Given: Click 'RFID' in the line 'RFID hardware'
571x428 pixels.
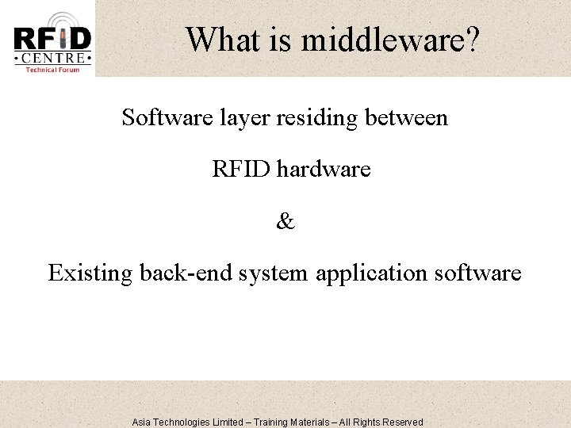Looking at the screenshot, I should point(241,169).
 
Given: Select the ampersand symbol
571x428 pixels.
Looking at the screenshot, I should point(285,222).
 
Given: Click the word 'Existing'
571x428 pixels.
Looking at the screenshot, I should point(90,274).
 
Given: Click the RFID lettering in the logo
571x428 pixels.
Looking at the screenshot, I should point(52,38).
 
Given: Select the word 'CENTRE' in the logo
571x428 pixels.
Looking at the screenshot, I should point(52,59).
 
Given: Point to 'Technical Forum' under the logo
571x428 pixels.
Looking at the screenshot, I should point(52,70).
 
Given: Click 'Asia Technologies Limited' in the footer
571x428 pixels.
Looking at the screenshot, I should point(187,422).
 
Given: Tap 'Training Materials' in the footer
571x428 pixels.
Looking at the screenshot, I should point(297,422).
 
